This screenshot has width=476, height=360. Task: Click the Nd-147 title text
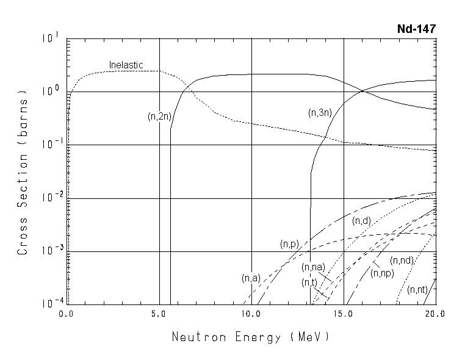(417, 29)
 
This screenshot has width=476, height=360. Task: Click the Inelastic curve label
(126, 65)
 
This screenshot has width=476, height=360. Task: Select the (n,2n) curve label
(159, 117)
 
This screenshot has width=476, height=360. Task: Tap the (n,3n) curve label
(319, 112)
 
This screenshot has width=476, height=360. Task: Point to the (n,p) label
(289, 244)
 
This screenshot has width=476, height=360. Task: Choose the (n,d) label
(362, 221)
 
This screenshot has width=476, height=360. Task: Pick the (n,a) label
(251, 278)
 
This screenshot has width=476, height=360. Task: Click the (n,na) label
(313, 267)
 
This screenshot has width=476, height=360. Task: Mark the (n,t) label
(309, 282)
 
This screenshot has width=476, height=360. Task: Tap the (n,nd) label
(402, 261)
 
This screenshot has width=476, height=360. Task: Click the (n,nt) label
(418, 289)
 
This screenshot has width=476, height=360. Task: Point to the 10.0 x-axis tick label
(251, 315)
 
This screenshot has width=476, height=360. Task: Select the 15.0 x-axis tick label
(343, 315)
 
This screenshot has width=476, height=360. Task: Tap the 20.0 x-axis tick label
(435, 315)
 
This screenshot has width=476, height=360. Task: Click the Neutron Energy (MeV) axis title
(250, 337)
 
